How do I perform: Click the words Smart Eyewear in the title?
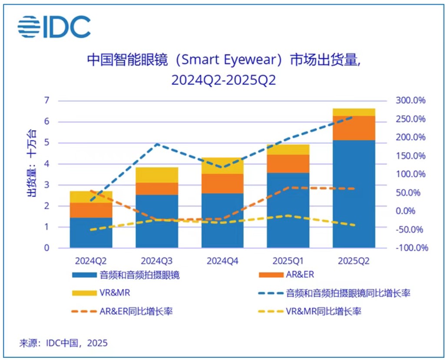(228, 60)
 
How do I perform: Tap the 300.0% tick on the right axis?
(410, 101)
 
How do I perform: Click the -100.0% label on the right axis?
(411, 248)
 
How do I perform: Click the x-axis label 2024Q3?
(156, 261)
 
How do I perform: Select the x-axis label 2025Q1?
(288, 261)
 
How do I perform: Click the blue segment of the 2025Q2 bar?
(354, 193)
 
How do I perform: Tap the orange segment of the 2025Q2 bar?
(354, 128)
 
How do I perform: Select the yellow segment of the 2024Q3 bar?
(156, 175)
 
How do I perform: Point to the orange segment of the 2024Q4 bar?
(222, 183)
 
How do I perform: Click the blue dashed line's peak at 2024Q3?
(157, 144)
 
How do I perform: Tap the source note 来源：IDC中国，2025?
(63, 343)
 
